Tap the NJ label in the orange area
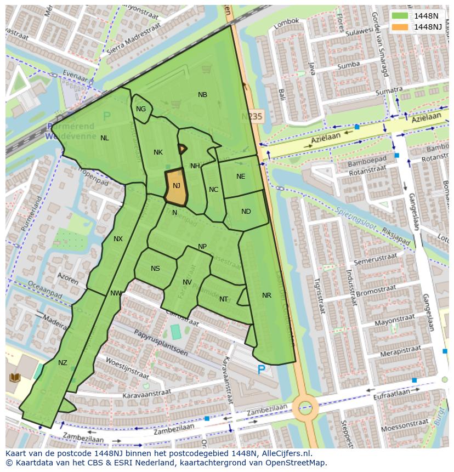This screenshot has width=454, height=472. pos(177,186)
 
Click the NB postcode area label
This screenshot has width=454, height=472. pos(202,95)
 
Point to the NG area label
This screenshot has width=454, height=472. pos(141,109)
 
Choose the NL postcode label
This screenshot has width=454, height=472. pos(104,138)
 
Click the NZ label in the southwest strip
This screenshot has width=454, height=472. pos(63,363)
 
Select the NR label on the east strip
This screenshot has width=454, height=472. pos(266,295)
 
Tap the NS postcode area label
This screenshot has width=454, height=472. pos(155,269)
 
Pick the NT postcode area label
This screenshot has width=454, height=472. pos(224,299)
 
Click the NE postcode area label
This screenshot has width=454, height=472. pos(241,177)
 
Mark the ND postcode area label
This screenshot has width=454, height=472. pos(246,212)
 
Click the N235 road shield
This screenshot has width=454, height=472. pos(252,117)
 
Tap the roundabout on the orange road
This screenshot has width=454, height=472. pos(305,407)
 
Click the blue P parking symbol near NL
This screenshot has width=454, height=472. pos(107,116)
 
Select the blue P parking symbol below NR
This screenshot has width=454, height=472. pos(262,371)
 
